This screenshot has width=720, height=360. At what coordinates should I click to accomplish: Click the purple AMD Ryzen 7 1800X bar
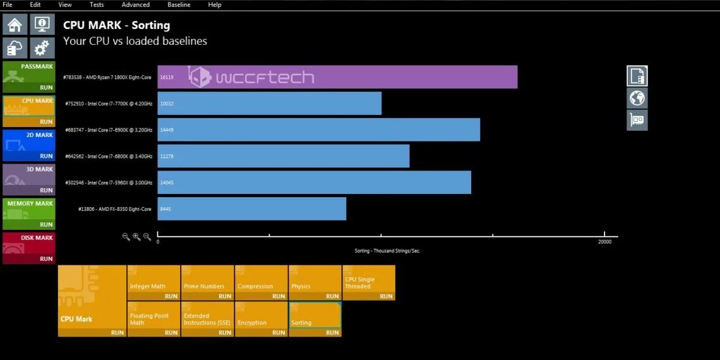337,77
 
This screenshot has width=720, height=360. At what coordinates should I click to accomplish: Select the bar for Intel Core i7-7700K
270,104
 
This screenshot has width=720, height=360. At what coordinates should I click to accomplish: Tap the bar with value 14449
318,129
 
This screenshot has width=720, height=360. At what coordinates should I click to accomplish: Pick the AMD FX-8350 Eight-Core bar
251,208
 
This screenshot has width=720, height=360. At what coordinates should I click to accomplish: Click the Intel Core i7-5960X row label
109,183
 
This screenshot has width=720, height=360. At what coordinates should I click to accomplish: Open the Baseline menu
179,4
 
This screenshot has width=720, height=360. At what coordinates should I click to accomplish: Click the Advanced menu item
135,4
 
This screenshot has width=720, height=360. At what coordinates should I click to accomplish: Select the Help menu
215,4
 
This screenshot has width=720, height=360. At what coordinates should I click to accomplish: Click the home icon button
15,25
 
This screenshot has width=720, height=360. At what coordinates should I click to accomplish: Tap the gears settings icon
42,49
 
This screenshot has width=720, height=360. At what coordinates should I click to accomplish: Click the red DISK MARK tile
29,248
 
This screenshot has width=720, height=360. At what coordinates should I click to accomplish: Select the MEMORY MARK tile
29,213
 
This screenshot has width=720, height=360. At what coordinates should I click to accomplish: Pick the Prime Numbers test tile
207,282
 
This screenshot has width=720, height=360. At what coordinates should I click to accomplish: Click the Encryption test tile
261,319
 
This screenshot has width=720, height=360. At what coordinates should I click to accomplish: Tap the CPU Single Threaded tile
369,282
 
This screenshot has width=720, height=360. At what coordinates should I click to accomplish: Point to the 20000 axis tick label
604,242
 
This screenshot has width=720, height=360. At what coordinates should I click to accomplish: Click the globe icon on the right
637,98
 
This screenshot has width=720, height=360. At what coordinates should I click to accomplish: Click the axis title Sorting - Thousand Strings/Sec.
387,251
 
